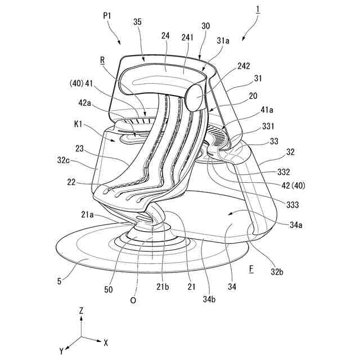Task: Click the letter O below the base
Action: (133, 300)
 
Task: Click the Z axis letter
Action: (82, 310)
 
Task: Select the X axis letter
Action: (106, 342)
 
